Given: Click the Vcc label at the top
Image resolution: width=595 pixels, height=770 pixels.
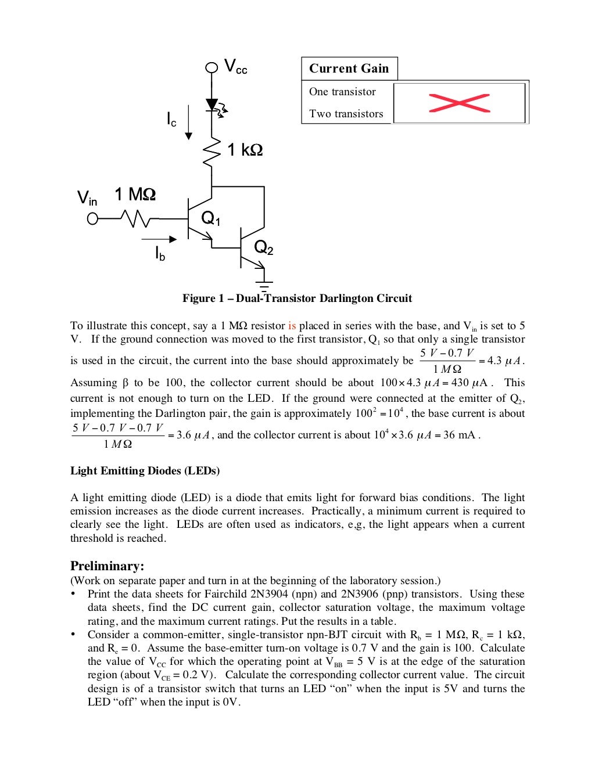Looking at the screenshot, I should pyautogui.click(x=235, y=66).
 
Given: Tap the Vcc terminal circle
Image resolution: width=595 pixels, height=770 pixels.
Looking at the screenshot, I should pyautogui.click(x=212, y=67).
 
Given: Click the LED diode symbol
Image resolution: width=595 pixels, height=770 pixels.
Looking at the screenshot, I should pyautogui.click(x=212, y=105).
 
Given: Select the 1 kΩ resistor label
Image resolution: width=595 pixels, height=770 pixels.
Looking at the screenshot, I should pyautogui.click(x=245, y=150).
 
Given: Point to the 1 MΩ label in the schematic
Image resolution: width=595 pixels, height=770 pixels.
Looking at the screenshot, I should pyautogui.click(x=135, y=194).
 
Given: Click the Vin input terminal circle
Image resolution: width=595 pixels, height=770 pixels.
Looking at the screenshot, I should pyautogui.click(x=92, y=219).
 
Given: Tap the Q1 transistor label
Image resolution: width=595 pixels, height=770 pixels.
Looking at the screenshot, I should pyautogui.click(x=211, y=218).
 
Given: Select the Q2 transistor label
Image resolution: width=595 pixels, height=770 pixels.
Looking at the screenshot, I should pyautogui.click(x=264, y=248).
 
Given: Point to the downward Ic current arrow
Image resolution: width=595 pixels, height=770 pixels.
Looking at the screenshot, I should pyautogui.click(x=188, y=123).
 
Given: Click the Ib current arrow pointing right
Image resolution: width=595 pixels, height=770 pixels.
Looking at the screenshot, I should pyautogui.click(x=159, y=239).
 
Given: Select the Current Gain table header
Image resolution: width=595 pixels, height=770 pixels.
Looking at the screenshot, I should pyautogui.click(x=349, y=69).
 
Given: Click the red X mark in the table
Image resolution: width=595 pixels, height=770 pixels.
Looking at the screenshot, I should pyautogui.click(x=459, y=103).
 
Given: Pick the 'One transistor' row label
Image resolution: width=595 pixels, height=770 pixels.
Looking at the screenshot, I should pyautogui.click(x=342, y=92).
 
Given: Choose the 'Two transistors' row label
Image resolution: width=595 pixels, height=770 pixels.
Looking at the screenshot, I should pyautogui.click(x=346, y=114).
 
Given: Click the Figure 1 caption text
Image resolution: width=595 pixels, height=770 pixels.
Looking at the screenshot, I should pyautogui.click(x=297, y=298).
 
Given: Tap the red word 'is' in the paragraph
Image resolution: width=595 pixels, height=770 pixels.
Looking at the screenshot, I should pyautogui.click(x=292, y=326).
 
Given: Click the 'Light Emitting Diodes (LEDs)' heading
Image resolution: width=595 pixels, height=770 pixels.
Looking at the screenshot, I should pyautogui.click(x=145, y=470).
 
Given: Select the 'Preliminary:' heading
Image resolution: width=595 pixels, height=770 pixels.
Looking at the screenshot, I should pyautogui.click(x=107, y=566).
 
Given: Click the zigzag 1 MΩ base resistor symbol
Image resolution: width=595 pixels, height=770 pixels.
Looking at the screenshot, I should pyautogui.click(x=135, y=219).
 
